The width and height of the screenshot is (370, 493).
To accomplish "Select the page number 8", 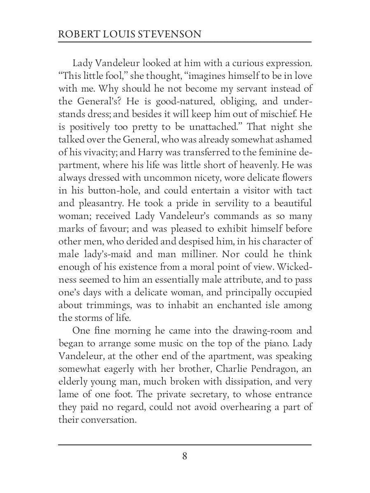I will pyautogui.click(x=185, y=456).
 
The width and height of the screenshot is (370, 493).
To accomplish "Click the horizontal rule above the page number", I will pyautogui.click(x=185, y=445).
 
